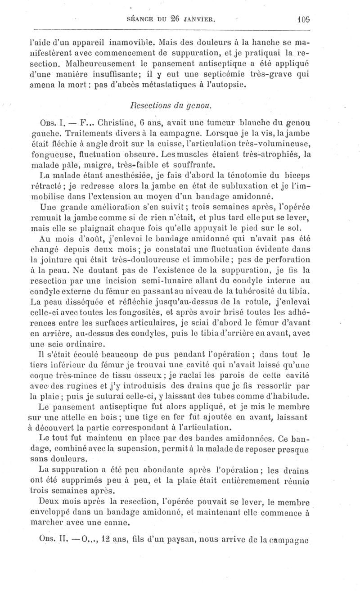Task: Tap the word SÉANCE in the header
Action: [143, 20]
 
